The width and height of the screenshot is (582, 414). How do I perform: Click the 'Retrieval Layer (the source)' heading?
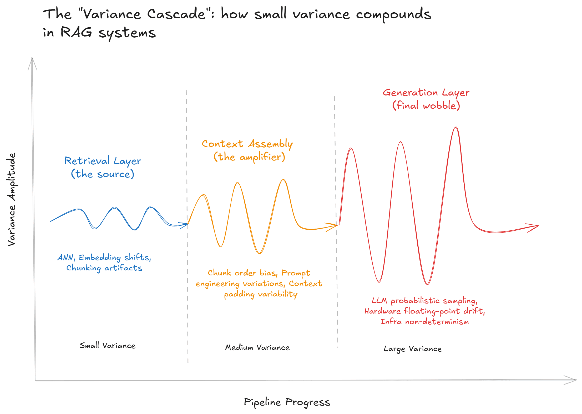click(x=103, y=167)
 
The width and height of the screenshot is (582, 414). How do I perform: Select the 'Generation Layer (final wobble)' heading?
click(x=426, y=99)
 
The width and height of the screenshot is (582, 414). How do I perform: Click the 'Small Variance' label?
click(x=107, y=346)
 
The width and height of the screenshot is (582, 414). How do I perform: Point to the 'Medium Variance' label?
click(x=257, y=347)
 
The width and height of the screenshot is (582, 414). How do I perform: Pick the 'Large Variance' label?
click(x=412, y=349)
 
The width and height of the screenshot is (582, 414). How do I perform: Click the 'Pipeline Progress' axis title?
click(x=287, y=402)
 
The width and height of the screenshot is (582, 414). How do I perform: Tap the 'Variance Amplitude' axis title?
click(x=12, y=199)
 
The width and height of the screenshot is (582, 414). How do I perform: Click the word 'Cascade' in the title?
click(x=176, y=14)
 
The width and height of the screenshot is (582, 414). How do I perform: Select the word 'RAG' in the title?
click(x=76, y=32)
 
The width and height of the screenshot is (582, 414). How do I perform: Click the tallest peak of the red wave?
click(x=456, y=128)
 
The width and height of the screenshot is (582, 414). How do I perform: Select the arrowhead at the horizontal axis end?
click(x=573, y=380)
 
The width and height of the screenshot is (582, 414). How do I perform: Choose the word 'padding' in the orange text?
click(x=239, y=294)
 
